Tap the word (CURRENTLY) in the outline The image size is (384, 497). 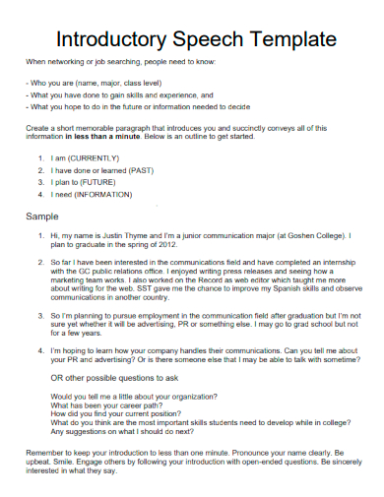pyautogui.click(x=90, y=157)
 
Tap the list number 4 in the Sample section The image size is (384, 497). pyautogui.click(x=39, y=351)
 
